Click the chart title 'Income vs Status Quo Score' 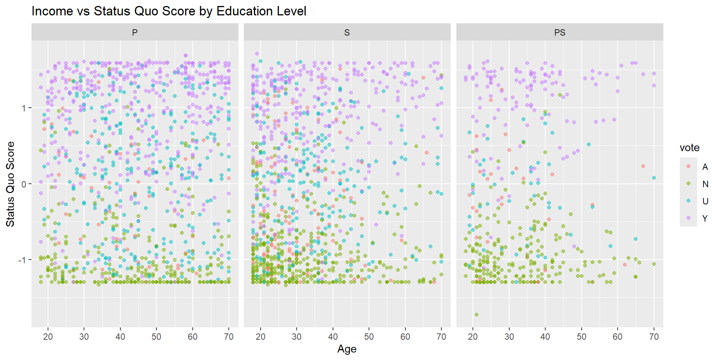point(169,11)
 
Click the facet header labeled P point(135,33)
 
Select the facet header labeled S point(347,33)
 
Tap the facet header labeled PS point(559,33)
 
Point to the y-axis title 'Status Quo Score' point(10,184)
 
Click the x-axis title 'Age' point(347,349)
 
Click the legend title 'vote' point(690,148)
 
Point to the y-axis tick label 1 point(24,108)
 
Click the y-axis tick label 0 point(24,184)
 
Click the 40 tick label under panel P point(120,337)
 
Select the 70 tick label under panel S point(441,337)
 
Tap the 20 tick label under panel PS point(473,337)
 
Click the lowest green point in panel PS point(477,315)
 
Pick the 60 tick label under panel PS point(618,337)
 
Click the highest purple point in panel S point(257,54)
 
